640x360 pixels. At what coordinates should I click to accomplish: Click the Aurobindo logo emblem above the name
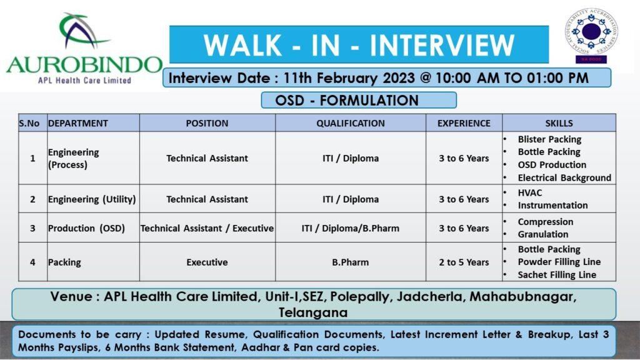click(84, 31)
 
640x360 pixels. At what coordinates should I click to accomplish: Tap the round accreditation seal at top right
click(591, 31)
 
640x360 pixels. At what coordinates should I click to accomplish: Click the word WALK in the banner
click(242, 45)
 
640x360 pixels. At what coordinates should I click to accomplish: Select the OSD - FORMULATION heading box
click(359, 100)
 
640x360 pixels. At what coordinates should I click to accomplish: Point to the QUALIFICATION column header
click(350, 123)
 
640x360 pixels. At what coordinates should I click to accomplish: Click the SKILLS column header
click(559, 123)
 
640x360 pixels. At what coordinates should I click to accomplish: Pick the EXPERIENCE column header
click(464, 123)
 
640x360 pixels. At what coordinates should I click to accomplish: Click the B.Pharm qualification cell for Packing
click(350, 262)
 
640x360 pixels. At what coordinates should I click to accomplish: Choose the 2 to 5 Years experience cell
click(464, 262)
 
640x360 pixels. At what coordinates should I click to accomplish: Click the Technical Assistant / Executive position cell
click(207, 228)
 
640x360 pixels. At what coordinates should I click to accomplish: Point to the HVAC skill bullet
click(530, 192)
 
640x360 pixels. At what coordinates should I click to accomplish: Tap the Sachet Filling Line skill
click(557, 275)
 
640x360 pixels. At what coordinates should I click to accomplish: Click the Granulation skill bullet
click(543, 234)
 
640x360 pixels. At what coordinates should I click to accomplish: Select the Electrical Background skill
click(564, 178)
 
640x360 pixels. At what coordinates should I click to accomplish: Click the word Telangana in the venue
click(313, 312)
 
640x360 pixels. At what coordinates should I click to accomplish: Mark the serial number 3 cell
click(32, 228)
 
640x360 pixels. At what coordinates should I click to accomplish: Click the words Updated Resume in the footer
click(200, 335)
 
